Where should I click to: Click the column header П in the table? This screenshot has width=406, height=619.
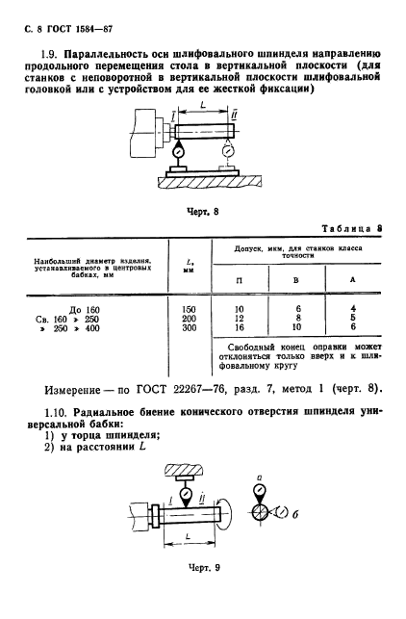click(x=241, y=279)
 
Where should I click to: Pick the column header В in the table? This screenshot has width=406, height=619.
click(x=296, y=279)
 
